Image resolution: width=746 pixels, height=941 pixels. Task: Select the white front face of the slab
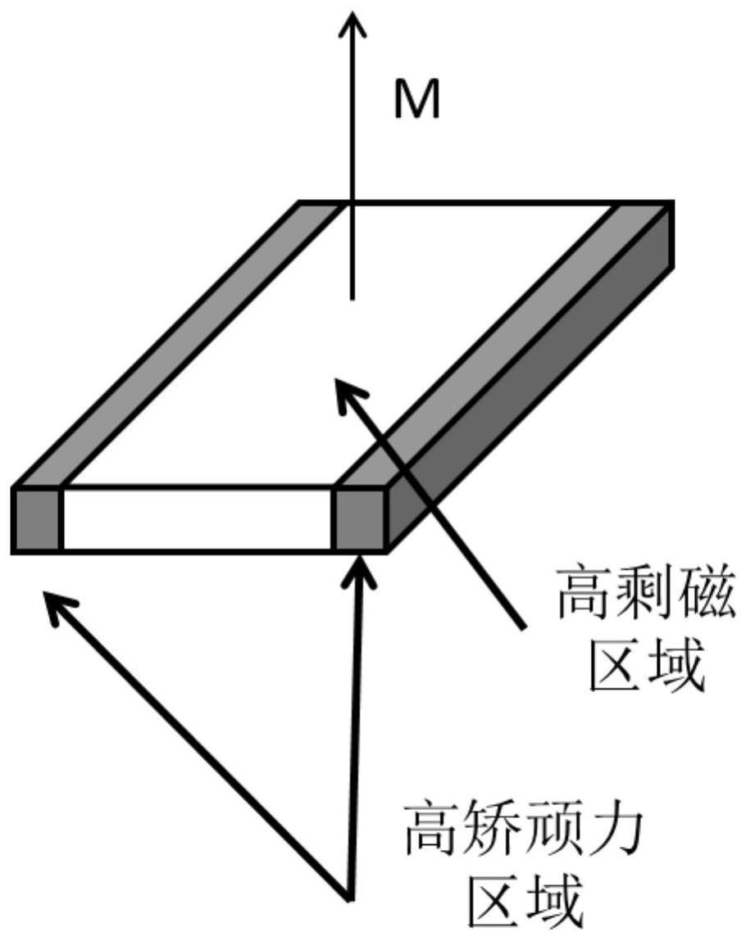[197, 519]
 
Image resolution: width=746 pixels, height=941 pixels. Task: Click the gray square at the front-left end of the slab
[38, 519]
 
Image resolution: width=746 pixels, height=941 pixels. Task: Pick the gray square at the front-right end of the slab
[358, 519]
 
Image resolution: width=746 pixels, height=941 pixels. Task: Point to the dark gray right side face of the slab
[533, 385]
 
